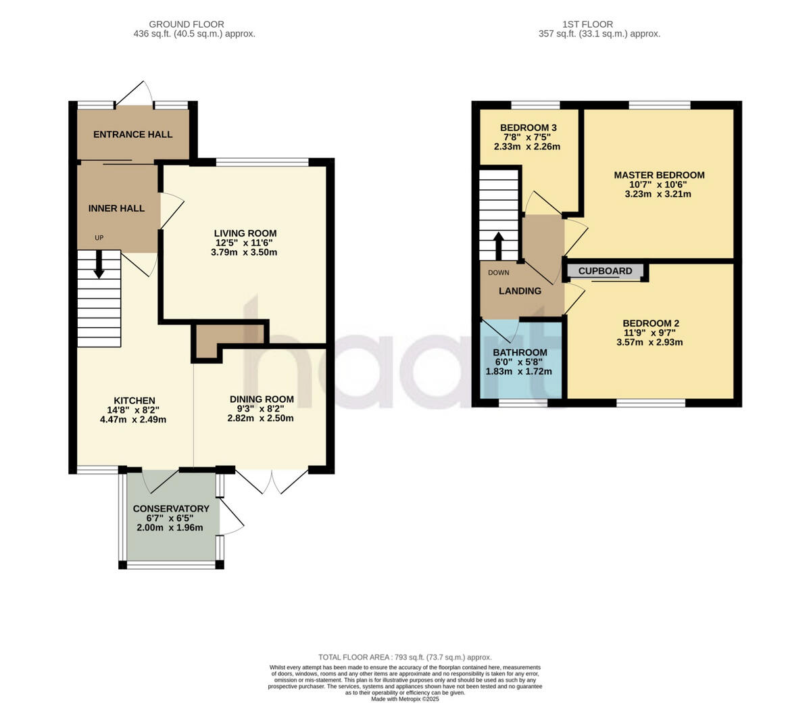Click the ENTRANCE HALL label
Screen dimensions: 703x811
[x=132, y=135]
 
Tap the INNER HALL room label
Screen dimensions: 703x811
[x=116, y=208]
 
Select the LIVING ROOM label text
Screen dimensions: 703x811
[x=246, y=233]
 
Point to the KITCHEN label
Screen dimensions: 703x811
[x=134, y=401]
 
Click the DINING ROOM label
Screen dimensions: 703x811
[x=262, y=399]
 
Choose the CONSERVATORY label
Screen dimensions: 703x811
[x=171, y=508]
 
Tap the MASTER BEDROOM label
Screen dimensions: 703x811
[x=659, y=175]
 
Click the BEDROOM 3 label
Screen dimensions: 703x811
[x=529, y=128]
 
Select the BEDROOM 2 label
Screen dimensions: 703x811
[x=651, y=323]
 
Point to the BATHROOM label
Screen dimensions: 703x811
[x=520, y=352]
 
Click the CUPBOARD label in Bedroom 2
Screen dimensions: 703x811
[x=606, y=271]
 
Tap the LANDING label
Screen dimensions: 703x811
[x=520, y=291]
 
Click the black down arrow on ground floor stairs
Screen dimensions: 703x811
[x=99, y=264]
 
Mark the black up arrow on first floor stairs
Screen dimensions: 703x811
[x=499, y=247]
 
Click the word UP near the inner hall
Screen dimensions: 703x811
[x=99, y=237]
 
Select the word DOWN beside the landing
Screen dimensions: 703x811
[x=499, y=273]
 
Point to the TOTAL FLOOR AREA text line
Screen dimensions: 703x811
[x=405, y=657]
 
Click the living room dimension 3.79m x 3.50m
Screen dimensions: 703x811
[x=244, y=252]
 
